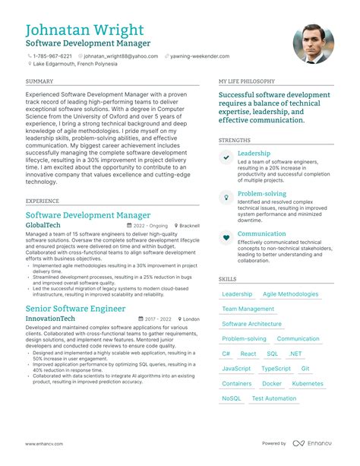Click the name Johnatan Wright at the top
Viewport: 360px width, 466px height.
(x=84, y=30)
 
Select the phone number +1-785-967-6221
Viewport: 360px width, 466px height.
(x=52, y=55)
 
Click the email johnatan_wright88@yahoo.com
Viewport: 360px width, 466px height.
(x=121, y=55)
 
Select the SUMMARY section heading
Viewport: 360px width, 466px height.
(x=39, y=81)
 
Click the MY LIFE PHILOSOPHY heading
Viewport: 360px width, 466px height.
(x=246, y=81)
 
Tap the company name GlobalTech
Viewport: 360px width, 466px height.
(x=49, y=226)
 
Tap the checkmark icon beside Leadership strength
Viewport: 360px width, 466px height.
(x=226, y=157)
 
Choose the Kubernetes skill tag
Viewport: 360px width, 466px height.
(x=308, y=384)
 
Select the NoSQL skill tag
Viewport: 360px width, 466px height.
(x=232, y=398)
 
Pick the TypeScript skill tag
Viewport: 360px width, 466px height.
(x=276, y=369)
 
